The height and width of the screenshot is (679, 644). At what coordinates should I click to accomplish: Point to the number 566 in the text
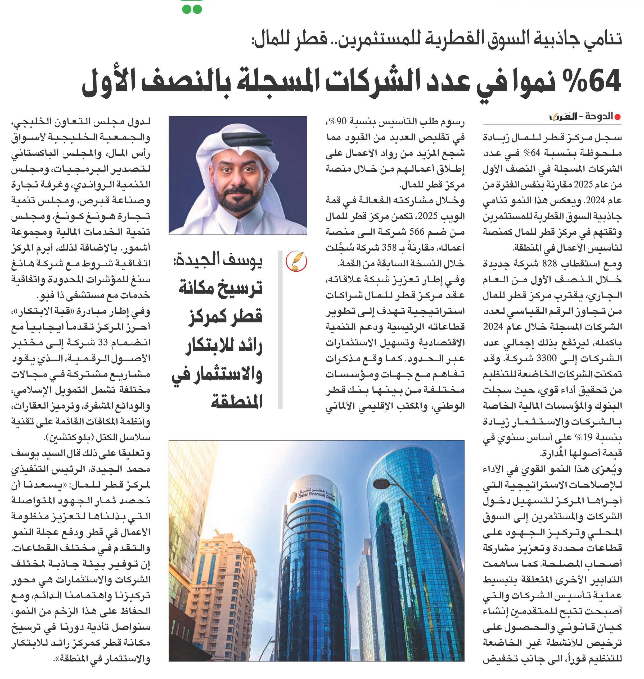[x=416, y=232]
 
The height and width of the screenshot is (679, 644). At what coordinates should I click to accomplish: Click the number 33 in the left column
[x=103, y=343]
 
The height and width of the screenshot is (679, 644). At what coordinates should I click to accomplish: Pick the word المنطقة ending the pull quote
[x=237, y=401]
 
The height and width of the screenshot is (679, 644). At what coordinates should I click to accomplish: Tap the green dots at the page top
[x=192, y=9]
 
